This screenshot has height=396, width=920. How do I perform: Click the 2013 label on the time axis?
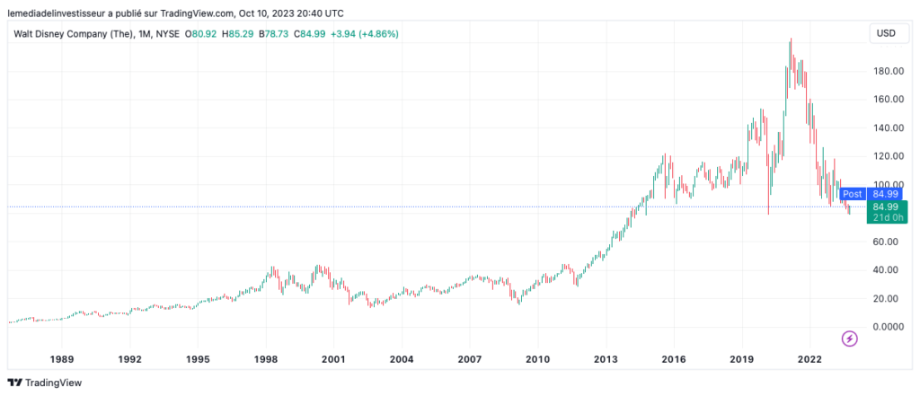(x=606, y=359)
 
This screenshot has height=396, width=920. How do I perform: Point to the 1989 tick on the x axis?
(x=62, y=359)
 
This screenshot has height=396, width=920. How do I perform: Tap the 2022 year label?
(x=809, y=359)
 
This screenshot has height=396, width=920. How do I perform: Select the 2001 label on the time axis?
(x=333, y=359)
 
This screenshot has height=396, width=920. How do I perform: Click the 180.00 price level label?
(x=883, y=71)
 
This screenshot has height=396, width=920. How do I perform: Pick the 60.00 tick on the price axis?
(x=883, y=242)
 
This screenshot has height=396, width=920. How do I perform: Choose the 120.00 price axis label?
(x=883, y=156)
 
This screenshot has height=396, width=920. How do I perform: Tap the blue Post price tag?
(x=853, y=193)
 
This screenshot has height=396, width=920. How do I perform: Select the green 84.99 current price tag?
(x=886, y=207)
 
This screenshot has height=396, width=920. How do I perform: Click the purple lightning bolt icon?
(x=850, y=339)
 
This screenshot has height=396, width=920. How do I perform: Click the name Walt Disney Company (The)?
(x=67, y=34)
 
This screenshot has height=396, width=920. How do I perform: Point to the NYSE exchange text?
(x=167, y=34)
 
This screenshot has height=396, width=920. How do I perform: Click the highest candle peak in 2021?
(x=790, y=39)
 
